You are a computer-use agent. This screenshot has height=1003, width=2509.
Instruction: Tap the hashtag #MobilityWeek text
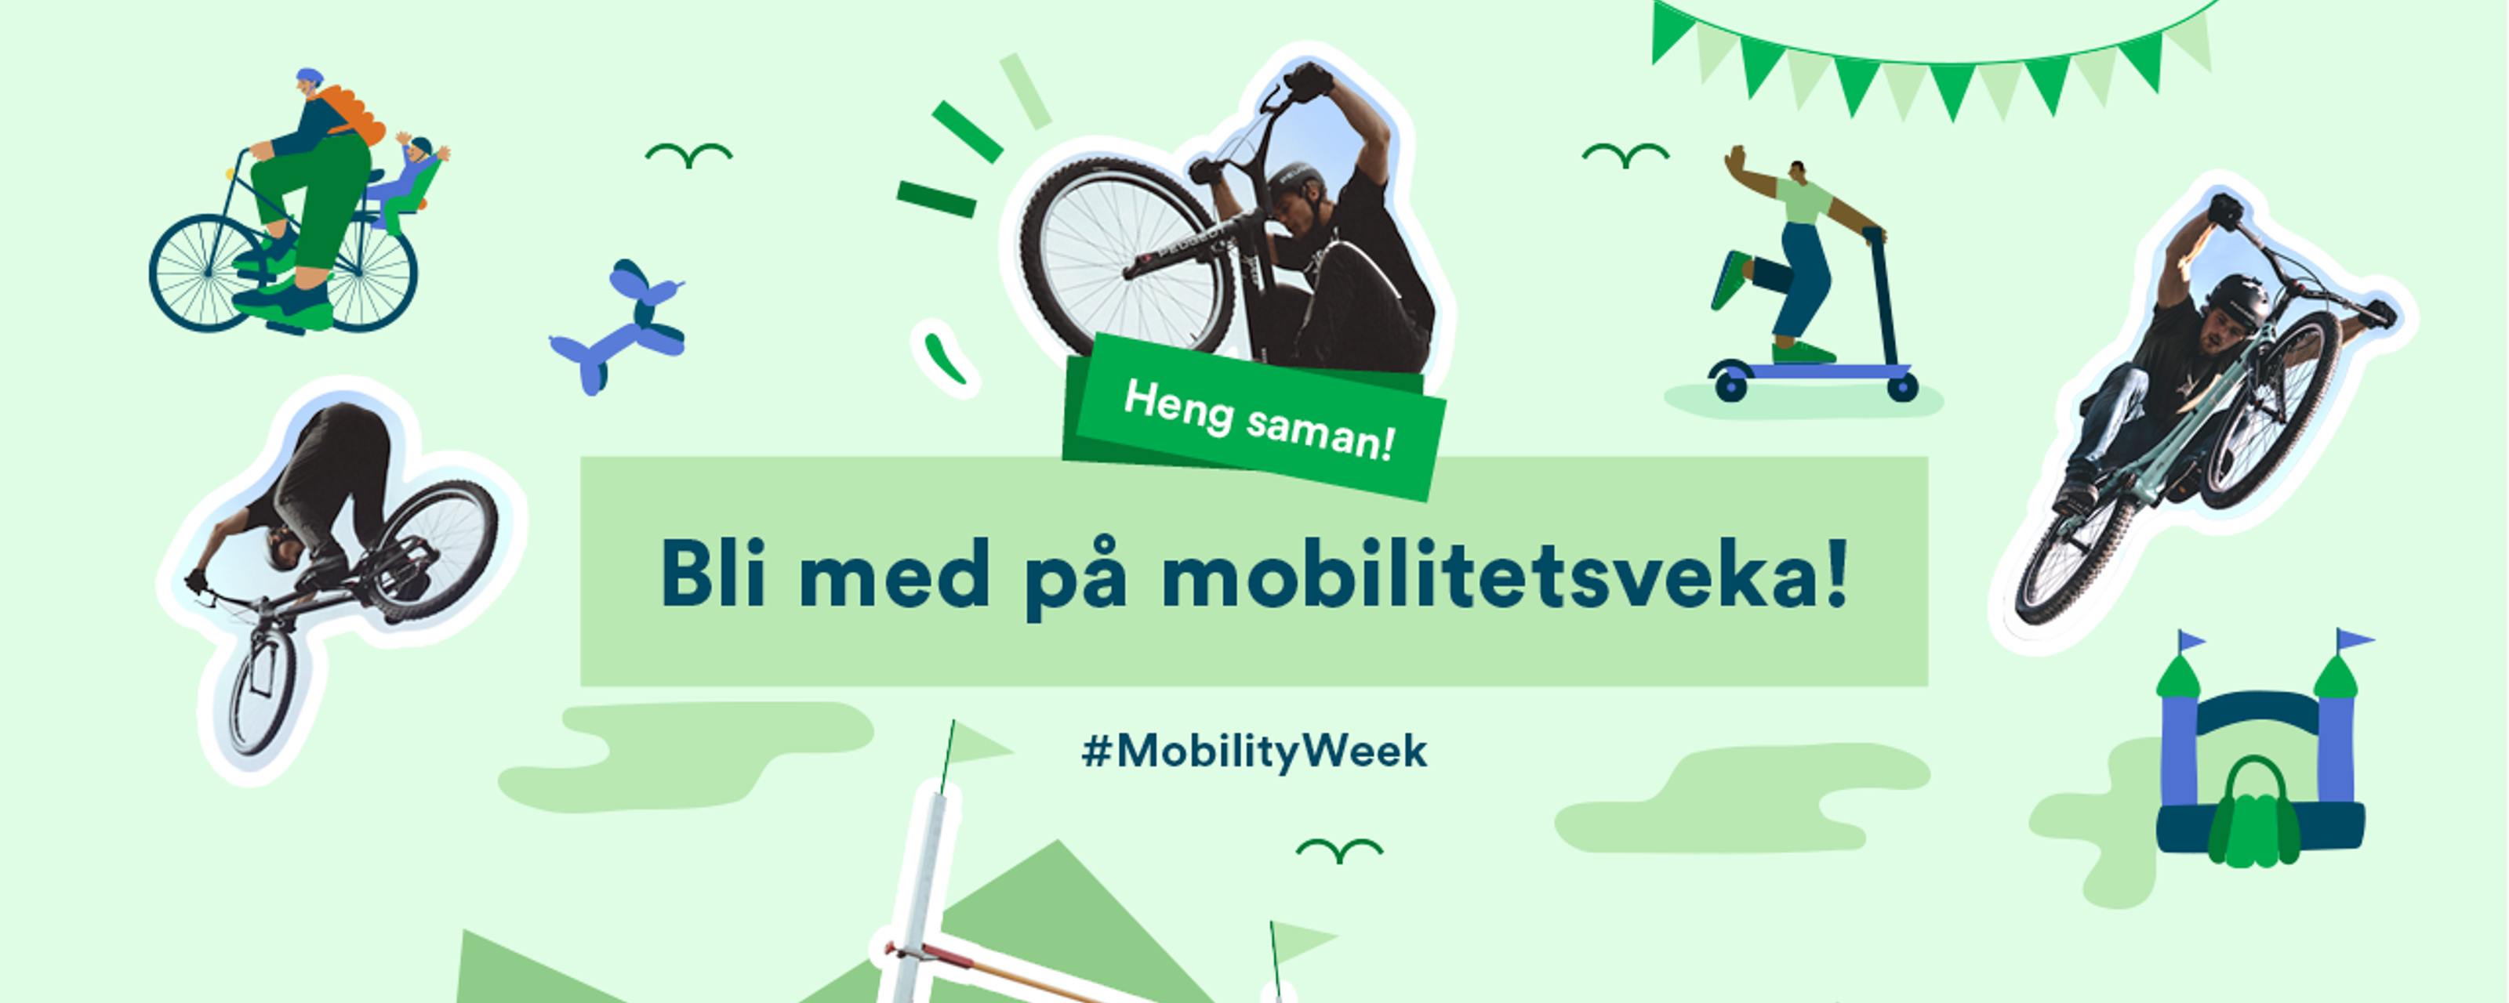1254,751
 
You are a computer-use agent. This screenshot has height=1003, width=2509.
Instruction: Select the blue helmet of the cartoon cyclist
309,76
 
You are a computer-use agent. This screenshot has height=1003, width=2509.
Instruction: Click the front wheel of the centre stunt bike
1120,255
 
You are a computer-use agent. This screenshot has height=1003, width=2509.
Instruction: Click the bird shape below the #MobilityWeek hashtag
1339,849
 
